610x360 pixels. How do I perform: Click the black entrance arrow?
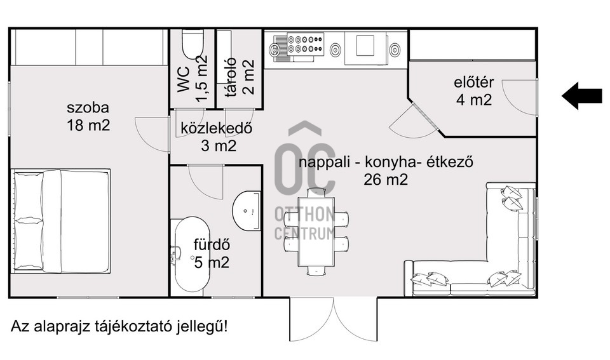pos(582,95)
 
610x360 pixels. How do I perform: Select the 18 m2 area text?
pos(89,124)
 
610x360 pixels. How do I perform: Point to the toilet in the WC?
pos(191,44)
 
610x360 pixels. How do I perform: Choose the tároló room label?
pos(231,76)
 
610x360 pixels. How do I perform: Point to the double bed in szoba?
pos(61,220)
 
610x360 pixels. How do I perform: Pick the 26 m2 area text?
pos(386,179)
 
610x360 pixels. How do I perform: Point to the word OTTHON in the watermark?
pos(304,213)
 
